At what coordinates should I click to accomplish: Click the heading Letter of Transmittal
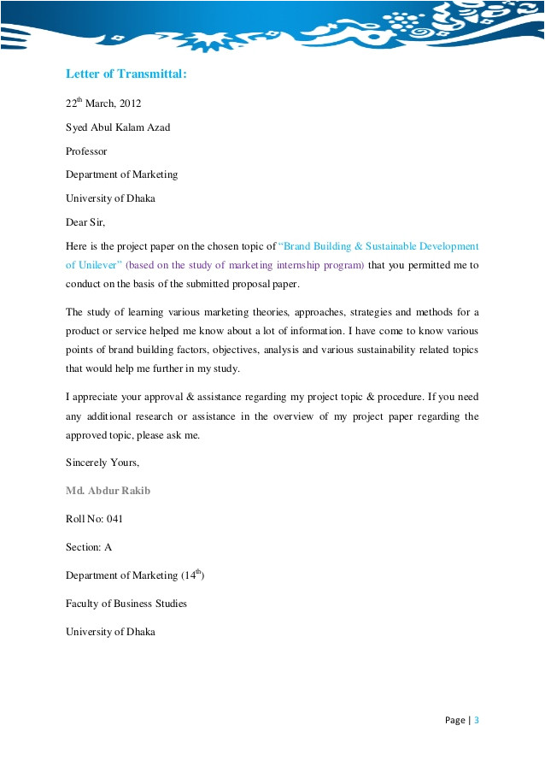tap(126, 74)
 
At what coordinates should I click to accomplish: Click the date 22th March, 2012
tap(103, 103)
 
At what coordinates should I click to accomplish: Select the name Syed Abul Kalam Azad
tap(118, 127)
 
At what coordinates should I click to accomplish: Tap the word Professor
tap(86, 150)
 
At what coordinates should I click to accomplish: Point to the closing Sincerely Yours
tap(102, 463)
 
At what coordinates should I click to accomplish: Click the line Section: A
tap(89, 547)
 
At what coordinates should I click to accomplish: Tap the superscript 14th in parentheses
tap(197, 573)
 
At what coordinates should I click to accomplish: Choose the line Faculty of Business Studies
tap(126, 604)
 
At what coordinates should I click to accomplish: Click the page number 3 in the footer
tap(477, 720)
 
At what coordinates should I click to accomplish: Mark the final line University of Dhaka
tap(110, 632)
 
